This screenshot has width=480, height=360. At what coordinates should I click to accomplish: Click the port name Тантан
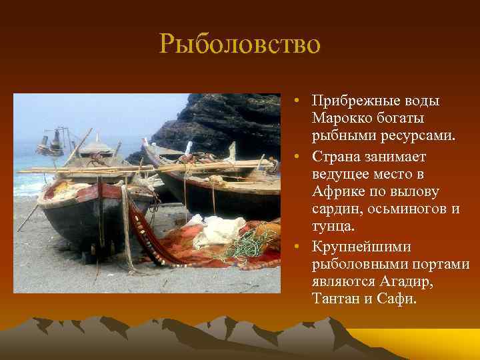pyautogui.click(x=335, y=299)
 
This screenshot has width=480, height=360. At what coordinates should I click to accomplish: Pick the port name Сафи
pyautogui.click(x=396, y=299)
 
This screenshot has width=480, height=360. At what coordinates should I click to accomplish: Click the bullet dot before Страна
pyautogui.click(x=301, y=156)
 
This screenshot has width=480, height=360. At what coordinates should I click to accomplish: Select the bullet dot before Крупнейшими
pyautogui.click(x=301, y=247)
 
